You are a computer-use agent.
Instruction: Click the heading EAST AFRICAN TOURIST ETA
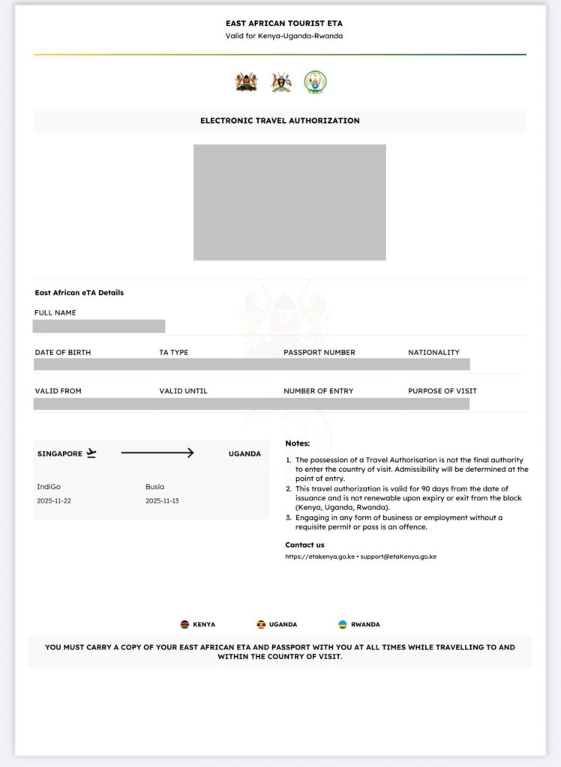[x=283, y=23]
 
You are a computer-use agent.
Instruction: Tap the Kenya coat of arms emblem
[x=246, y=82]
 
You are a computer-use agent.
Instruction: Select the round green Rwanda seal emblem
[x=315, y=82]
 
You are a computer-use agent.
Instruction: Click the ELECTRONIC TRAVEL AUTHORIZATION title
[x=280, y=121]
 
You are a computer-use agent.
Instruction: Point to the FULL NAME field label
[x=55, y=313]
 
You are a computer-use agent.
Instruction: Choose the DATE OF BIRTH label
[x=63, y=352]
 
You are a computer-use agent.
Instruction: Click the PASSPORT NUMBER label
[x=319, y=352]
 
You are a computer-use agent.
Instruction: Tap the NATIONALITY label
[x=433, y=352]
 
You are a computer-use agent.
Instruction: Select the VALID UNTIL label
[x=183, y=391]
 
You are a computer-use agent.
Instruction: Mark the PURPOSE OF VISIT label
[x=442, y=391]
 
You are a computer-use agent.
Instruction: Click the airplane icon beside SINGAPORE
[x=91, y=453]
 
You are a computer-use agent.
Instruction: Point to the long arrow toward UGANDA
[x=157, y=453]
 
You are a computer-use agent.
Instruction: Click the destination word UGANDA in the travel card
[x=244, y=454]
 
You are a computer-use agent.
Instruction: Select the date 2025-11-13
[x=162, y=500]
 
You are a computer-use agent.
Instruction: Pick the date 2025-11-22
[x=53, y=500]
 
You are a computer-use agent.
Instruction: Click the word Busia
[x=154, y=487]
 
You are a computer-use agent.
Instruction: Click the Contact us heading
[x=304, y=545]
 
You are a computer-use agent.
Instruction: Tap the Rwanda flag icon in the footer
[x=342, y=624]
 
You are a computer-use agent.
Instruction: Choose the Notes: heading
[x=297, y=443]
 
